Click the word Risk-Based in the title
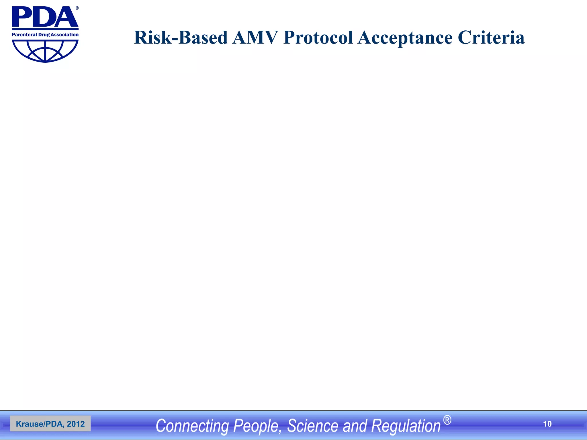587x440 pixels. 181,38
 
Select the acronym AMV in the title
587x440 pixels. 255,38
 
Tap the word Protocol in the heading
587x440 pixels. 318,38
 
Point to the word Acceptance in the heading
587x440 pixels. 405,38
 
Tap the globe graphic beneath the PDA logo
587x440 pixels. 45,51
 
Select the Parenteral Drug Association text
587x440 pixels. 45,35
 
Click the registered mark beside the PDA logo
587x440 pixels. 77,8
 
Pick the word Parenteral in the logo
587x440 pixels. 24,35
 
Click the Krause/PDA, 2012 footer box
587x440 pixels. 50,424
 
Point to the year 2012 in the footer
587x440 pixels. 76,424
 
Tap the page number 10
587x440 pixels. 547,424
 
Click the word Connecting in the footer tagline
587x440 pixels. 192,426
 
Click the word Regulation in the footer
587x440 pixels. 406,426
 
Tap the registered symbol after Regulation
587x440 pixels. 447,420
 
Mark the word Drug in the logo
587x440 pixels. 44,35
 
